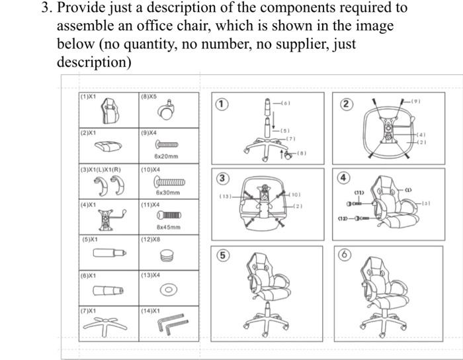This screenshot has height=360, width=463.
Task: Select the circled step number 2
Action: click(345, 103)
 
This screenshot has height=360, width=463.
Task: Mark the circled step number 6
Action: click(345, 255)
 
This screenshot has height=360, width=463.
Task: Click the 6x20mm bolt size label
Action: click(167, 156)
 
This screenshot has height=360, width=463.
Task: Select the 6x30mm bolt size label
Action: click(167, 193)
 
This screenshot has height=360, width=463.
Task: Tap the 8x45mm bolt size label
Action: click(167, 228)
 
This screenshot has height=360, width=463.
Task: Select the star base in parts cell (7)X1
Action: click(108, 325)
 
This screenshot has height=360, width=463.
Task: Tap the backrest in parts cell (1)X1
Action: click(108, 111)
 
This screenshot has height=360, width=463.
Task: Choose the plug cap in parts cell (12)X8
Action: click(168, 255)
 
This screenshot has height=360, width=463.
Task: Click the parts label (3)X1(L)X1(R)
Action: click(101, 169)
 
